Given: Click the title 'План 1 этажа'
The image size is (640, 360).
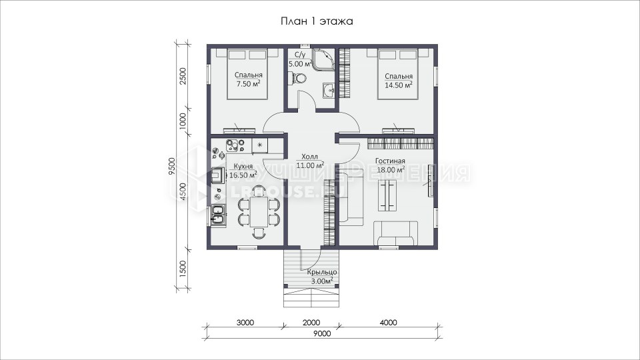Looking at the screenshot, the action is coord(317,21).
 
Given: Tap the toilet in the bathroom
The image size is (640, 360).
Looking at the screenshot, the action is coord(297,78).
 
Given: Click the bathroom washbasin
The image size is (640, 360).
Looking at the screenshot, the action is coord(329,90).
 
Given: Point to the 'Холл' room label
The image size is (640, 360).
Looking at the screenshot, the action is coord(309,157).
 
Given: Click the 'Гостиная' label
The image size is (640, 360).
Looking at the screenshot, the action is coord(390,161).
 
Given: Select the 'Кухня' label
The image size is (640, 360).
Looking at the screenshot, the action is coord(243,167).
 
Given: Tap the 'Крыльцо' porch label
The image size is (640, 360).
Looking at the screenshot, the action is coord(322,272).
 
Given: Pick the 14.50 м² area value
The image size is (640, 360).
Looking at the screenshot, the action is coord(399,85).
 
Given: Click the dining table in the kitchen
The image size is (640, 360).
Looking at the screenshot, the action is coord(259,211).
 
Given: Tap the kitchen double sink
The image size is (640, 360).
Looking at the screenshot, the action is coord(217,215).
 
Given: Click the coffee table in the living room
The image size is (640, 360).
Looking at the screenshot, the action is coord(387,195).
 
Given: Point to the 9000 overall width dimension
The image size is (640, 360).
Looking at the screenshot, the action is coord(323,334).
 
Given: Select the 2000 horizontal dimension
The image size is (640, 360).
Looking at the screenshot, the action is coord(311,323).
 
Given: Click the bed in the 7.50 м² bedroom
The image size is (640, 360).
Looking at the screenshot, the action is coord(247,74).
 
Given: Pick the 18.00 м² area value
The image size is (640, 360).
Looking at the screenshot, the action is coord(391,170).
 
